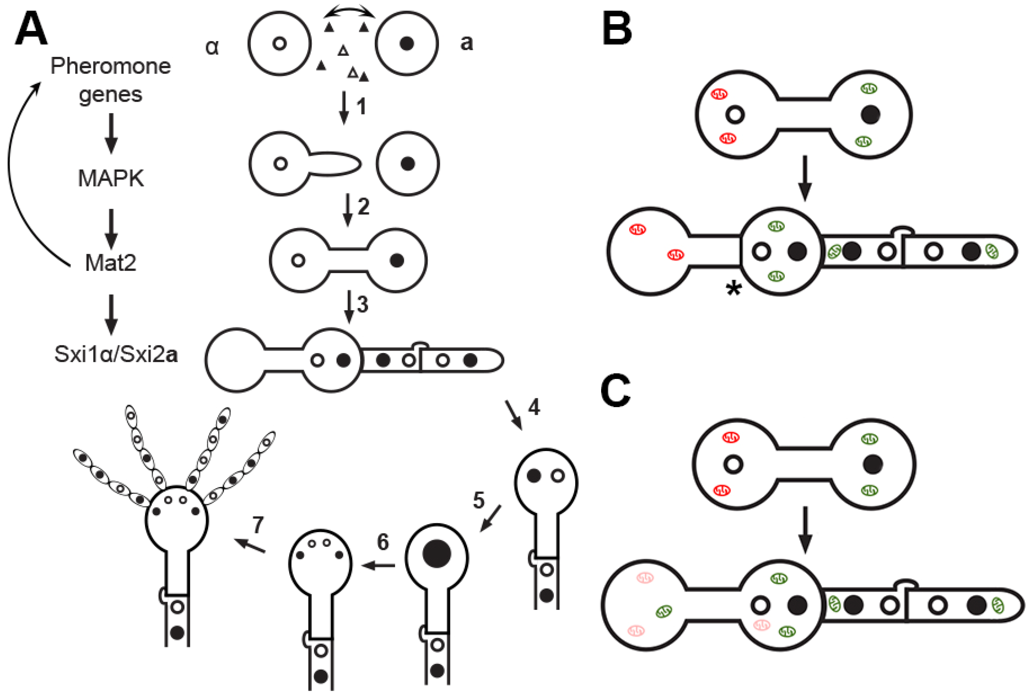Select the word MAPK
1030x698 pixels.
(111, 179)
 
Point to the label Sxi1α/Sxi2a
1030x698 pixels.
(116, 354)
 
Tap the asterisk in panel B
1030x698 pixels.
(733, 290)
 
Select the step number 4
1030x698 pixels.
(534, 407)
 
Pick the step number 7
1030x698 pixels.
(258, 525)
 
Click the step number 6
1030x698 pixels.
(383, 541)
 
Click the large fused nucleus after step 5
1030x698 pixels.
(437, 553)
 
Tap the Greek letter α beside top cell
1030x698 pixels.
(212, 47)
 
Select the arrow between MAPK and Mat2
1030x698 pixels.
(111, 228)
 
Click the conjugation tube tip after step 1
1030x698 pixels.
(357, 164)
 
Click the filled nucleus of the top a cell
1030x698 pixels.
(406, 44)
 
